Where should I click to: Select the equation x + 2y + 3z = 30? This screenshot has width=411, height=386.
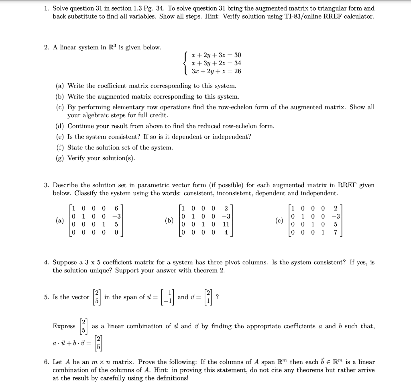[x=216, y=55]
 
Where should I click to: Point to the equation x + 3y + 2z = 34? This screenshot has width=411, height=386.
[x=216, y=63]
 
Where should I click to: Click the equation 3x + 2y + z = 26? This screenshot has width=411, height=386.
[x=216, y=71]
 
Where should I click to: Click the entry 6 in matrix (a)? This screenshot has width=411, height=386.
[x=116, y=208]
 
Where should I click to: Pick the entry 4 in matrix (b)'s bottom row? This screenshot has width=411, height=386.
[x=226, y=232]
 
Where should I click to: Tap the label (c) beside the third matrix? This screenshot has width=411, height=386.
[x=279, y=220]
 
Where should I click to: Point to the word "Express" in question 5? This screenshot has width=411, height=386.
[x=64, y=326]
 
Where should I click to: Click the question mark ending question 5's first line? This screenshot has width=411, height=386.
[x=218, y=297]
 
